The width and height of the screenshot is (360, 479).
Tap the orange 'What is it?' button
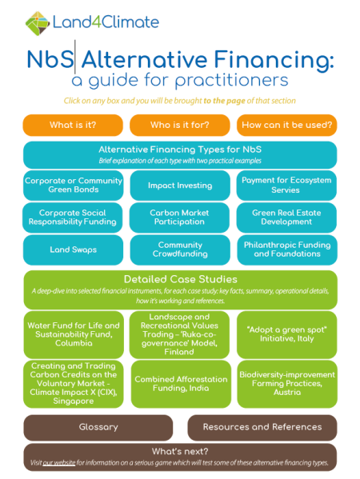73,126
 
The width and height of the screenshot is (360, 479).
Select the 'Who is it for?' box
180,126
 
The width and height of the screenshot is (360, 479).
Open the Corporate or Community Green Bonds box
73,186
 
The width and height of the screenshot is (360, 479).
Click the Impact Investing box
180,186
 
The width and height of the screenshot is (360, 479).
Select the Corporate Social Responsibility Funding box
73,218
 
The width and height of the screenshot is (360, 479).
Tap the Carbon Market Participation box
180,218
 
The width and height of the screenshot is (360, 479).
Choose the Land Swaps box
73,249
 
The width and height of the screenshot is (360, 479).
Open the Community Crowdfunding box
180,249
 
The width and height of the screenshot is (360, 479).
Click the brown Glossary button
98,427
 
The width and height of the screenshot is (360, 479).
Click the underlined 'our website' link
59,463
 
